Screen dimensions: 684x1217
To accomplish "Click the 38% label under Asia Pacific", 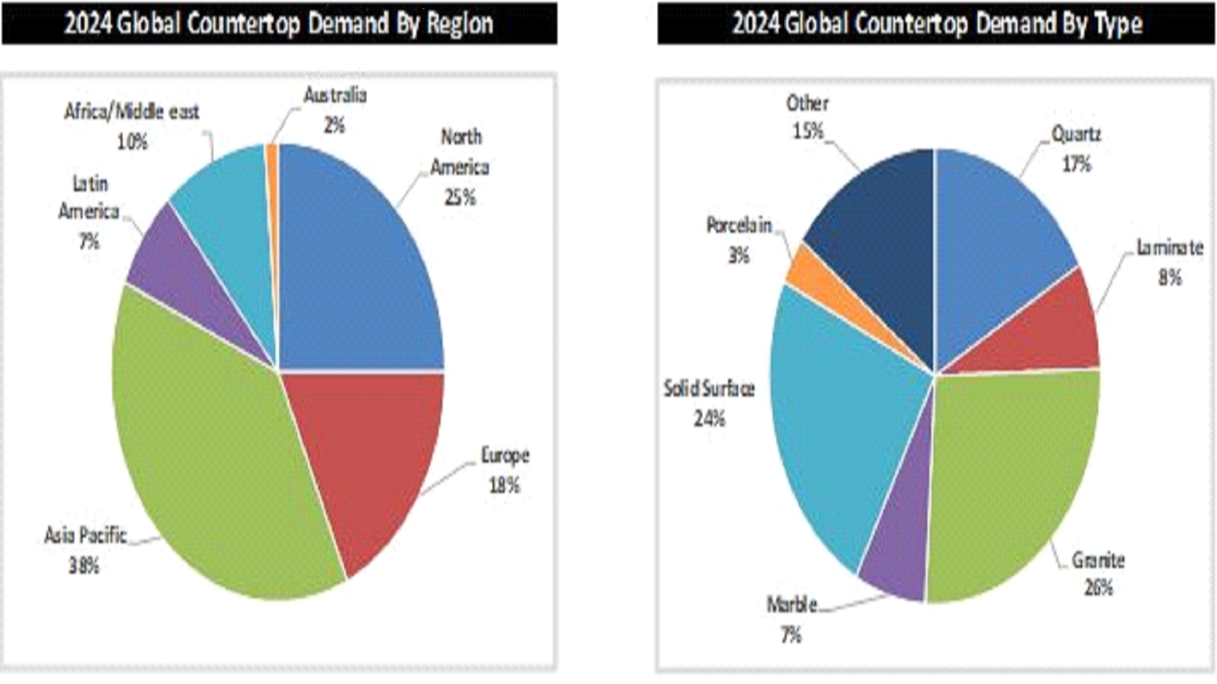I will click(x=84, y=565).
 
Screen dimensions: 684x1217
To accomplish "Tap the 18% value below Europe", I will click(x=504, y=486).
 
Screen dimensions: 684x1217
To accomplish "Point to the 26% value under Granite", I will click(x=1098, y=587).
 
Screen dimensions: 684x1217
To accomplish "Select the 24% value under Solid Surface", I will click(x=709, y=419).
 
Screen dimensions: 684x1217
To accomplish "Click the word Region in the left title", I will click(x=460, y=24).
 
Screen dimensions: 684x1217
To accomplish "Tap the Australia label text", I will click(x=335, y=95).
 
